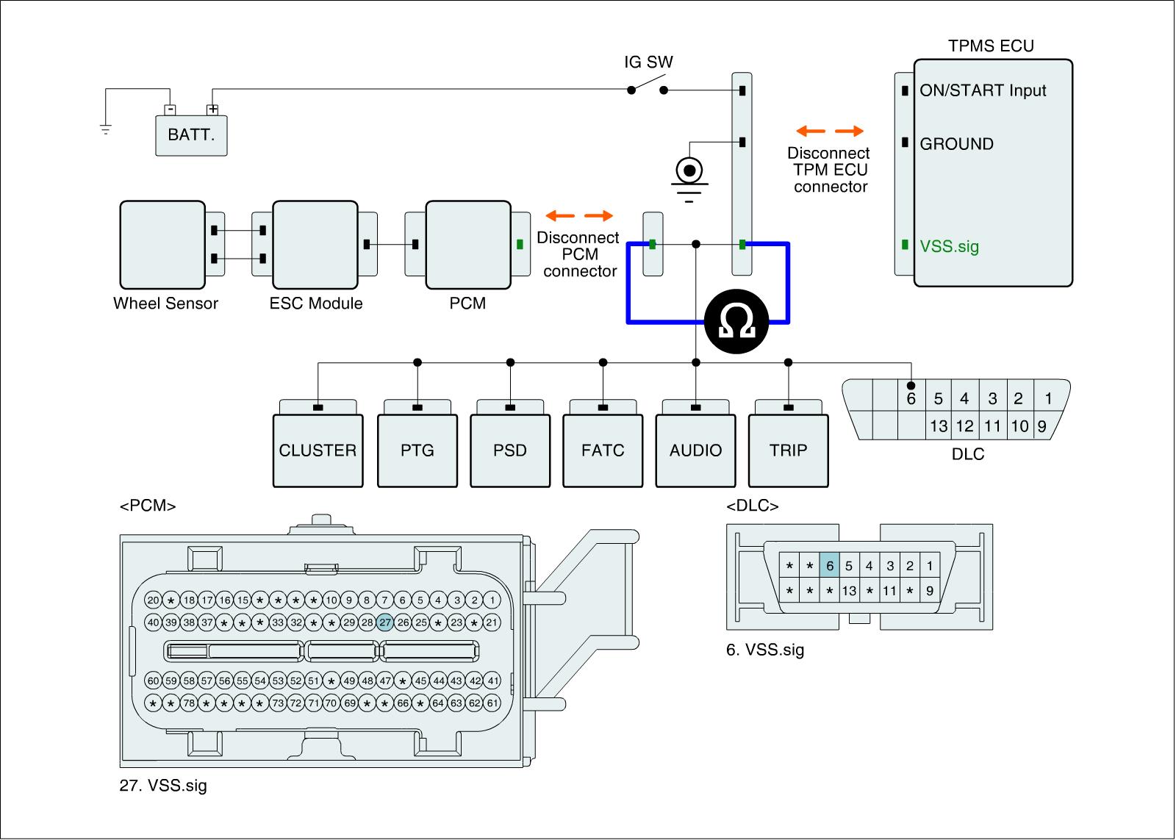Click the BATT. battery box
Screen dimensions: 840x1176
(191, 135)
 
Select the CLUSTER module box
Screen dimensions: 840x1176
(318, 450)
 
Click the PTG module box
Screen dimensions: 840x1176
(417, 450)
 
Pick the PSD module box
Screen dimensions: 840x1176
(510, 450)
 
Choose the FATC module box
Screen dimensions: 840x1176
(603, 450)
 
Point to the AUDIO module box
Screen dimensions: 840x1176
(695, 450)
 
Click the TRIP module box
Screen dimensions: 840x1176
(788, 450)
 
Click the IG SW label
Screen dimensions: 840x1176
(648, 62)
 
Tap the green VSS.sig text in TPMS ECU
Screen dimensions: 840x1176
(949, 246)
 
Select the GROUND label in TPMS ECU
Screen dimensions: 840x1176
(956, 144)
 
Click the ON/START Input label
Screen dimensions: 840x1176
(983, 90)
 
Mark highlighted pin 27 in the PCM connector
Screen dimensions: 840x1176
(385, 622)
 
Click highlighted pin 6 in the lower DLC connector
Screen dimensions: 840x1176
(830, 566)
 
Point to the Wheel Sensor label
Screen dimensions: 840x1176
(165, 304)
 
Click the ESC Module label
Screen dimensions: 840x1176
(316, 304)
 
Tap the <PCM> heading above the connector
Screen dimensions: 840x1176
(147, 506)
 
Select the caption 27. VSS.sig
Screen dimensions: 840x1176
(163, 786)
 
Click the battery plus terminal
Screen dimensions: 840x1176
(212, 110)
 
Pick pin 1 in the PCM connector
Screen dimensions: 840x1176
(492, 600)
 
